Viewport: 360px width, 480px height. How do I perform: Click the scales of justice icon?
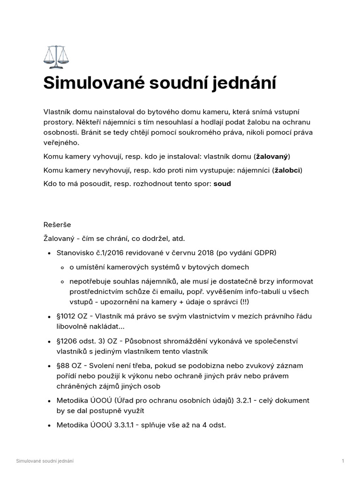click(55, 57)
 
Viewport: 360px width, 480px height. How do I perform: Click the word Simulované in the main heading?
click(93, 83)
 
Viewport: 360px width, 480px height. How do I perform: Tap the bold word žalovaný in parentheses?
click(272, 156)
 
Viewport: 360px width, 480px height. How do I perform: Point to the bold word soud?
click(222, 184)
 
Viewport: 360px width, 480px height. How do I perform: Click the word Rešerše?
click(57, 225)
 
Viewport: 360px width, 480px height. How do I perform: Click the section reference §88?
click(64, 365)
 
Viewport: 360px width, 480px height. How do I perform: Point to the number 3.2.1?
click(254, 401)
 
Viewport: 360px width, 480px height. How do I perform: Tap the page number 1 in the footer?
click(343, 461)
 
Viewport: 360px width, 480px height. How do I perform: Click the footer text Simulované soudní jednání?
click(45, 461)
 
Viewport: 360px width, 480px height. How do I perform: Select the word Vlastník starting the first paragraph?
click(59, 112)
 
